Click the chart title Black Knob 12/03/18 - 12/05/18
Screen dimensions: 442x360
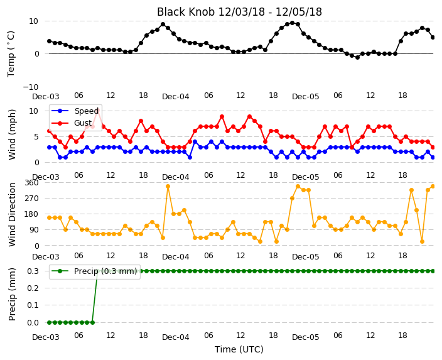pos(239,12)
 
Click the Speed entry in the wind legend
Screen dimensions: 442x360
pos(86,111)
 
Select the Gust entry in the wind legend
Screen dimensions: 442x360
pos(83,123)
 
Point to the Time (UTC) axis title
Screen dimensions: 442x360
pos(239,349)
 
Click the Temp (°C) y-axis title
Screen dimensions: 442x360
pos(11,54)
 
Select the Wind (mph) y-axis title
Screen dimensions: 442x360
pos(12,134)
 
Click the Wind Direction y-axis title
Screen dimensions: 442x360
pos(12,215)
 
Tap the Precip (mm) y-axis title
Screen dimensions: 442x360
pos(12,294)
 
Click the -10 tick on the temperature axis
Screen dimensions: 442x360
pos(31,87)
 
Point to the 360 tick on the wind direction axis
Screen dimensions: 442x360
pos(31,183)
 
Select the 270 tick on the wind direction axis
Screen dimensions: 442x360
pos(31,199)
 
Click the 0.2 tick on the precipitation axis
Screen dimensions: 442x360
pos(33,288)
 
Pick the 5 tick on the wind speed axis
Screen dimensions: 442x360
pos(36,137)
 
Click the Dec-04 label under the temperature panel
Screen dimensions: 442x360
pos(176,97)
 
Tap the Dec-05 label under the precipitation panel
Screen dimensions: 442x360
pos(306,337)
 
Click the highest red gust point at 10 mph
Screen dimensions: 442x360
pos(98,111)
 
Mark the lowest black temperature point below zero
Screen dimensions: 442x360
pos(357,57)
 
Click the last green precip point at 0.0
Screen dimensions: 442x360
pos(92,322)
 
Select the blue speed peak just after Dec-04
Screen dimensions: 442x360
pos(195,141)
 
